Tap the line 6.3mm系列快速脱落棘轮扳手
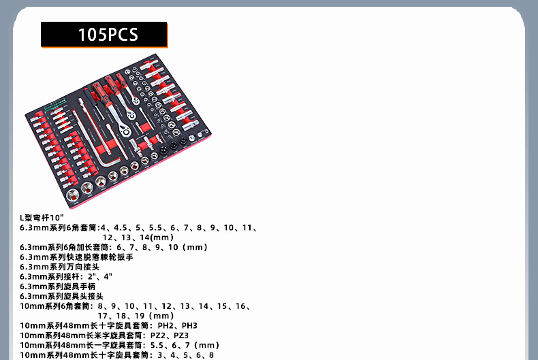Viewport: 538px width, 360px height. click(x=76, y=257)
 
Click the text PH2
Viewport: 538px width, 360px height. click(x=166, y=326)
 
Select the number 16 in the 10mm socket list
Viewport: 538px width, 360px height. click(x=242, y=306)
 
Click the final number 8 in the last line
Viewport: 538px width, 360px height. click(x=212, y=355)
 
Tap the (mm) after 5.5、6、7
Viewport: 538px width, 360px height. click(x=208, y=345)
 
